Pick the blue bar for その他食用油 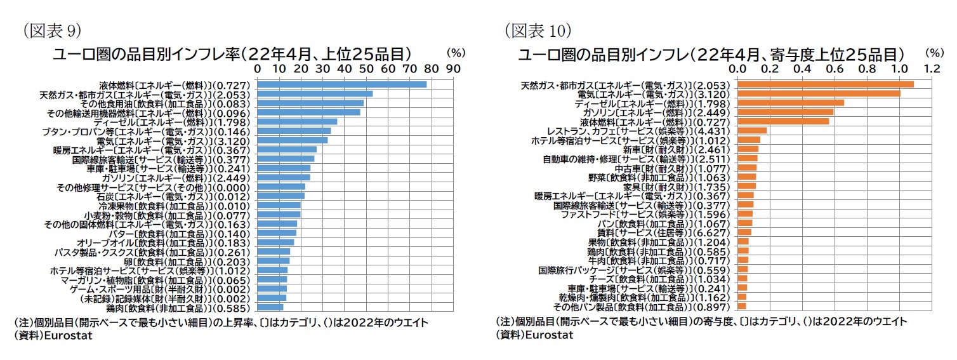(310, 103)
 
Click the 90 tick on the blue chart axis (452, 67)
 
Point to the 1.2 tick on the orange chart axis (931, 67)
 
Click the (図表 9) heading (51, 30)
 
